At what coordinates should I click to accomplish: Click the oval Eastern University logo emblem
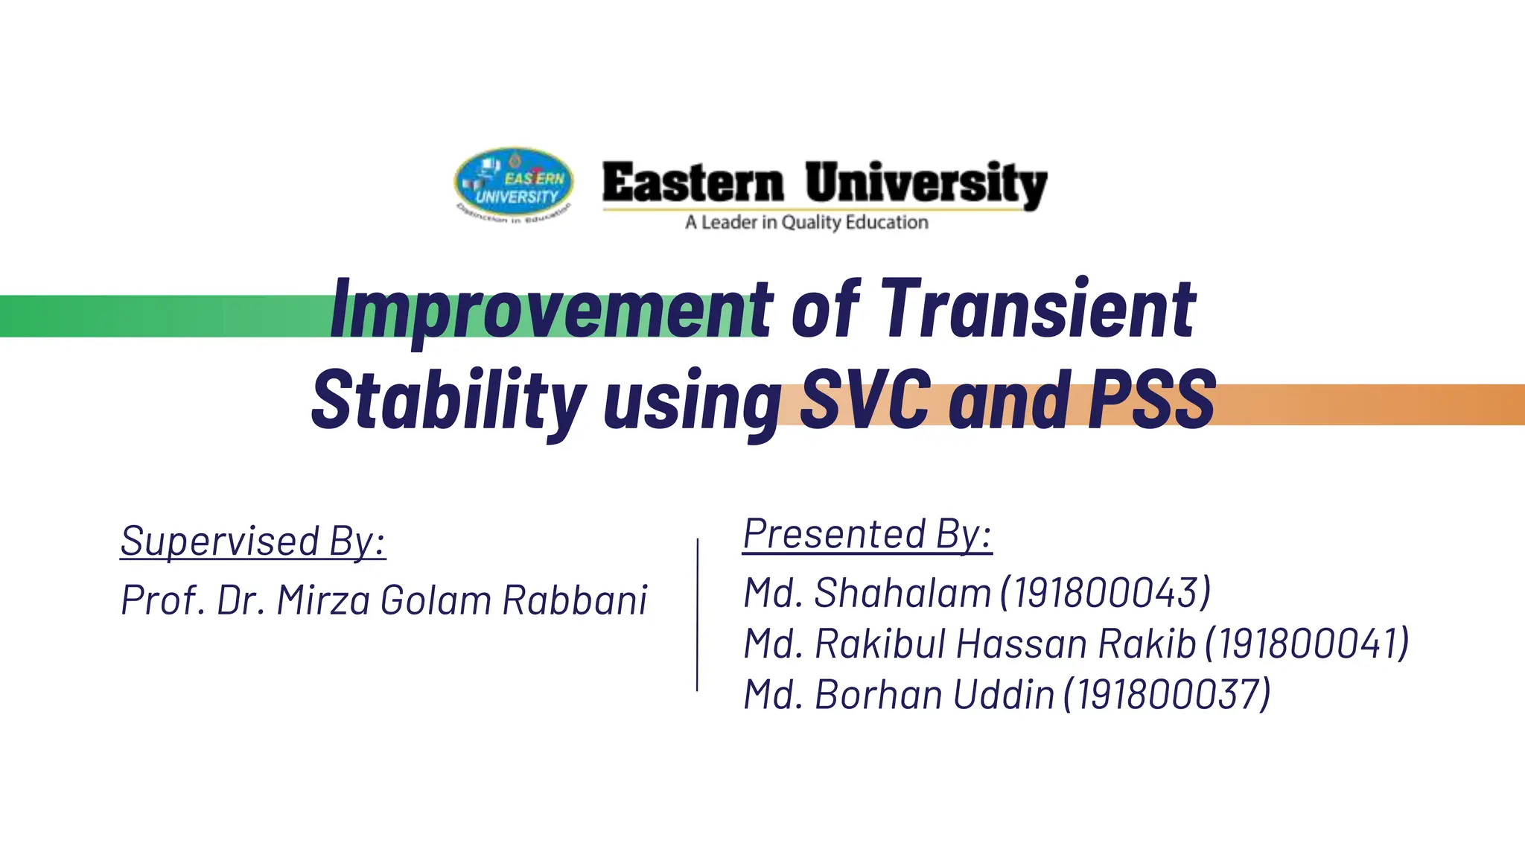[514, 182]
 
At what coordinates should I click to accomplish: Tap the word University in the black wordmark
[926, 184]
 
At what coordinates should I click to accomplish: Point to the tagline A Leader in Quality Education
[806, 223]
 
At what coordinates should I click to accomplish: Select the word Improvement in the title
[551, 309]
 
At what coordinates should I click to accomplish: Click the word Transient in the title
[1039, 309]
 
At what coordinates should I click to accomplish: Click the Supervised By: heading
[253, 541]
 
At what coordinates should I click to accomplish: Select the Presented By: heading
[867, 534]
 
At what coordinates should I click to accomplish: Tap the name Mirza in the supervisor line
[323, 600]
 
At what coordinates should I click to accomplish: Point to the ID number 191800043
[1106, 593]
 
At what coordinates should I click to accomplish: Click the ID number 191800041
[1307, 643]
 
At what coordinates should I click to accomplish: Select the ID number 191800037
[1167, 695]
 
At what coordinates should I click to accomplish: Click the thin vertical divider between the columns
[697, 614]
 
